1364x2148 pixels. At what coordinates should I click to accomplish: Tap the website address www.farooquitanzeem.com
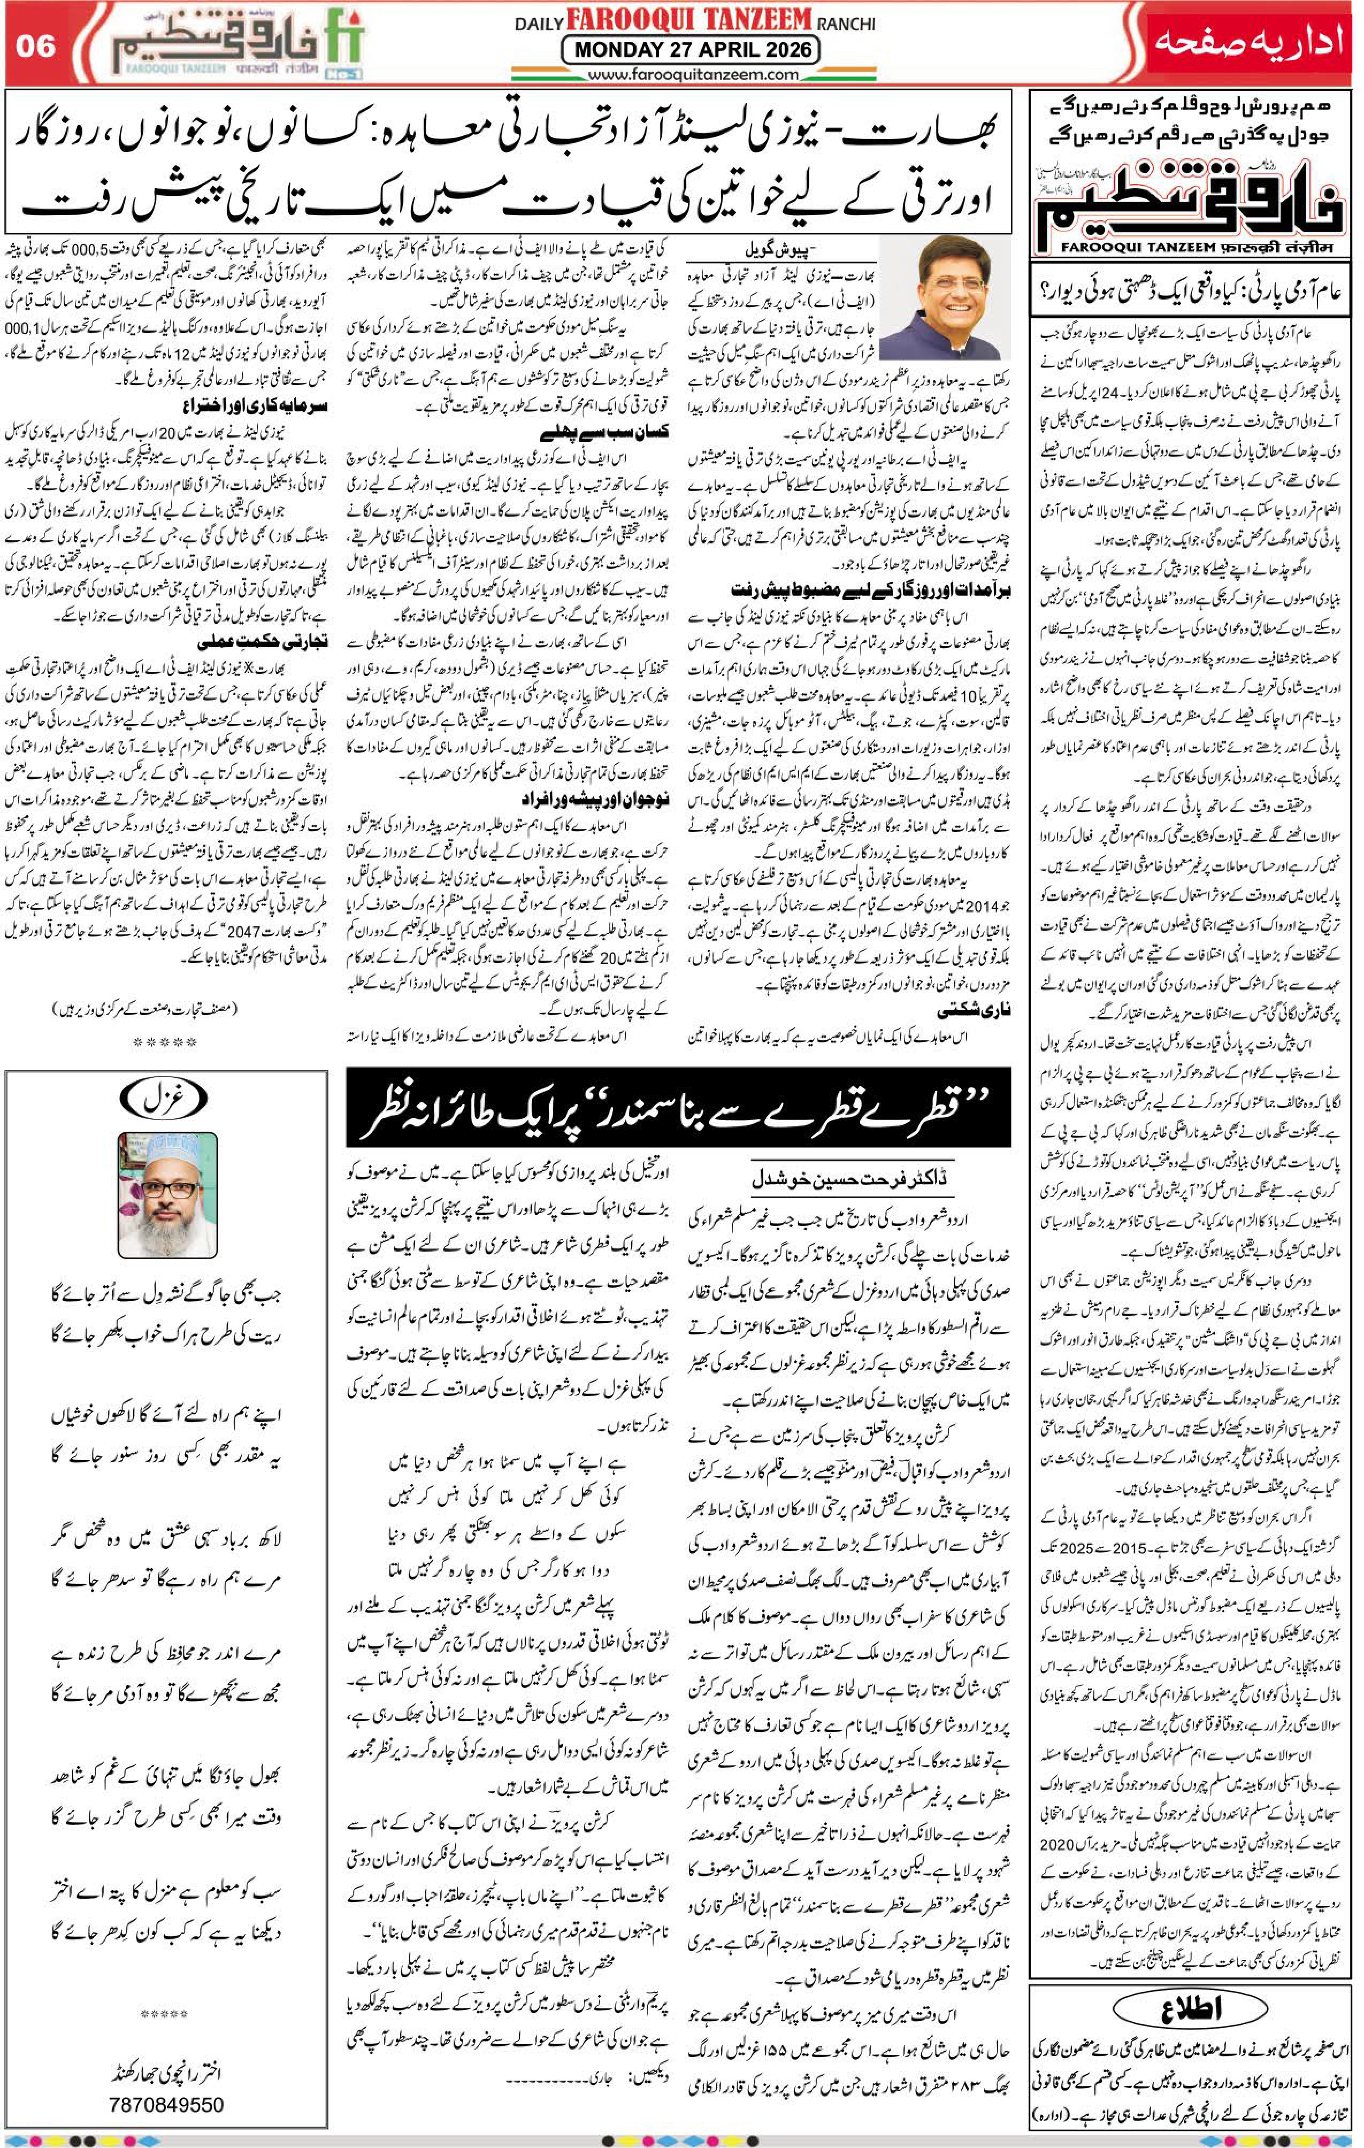(691, 74)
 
